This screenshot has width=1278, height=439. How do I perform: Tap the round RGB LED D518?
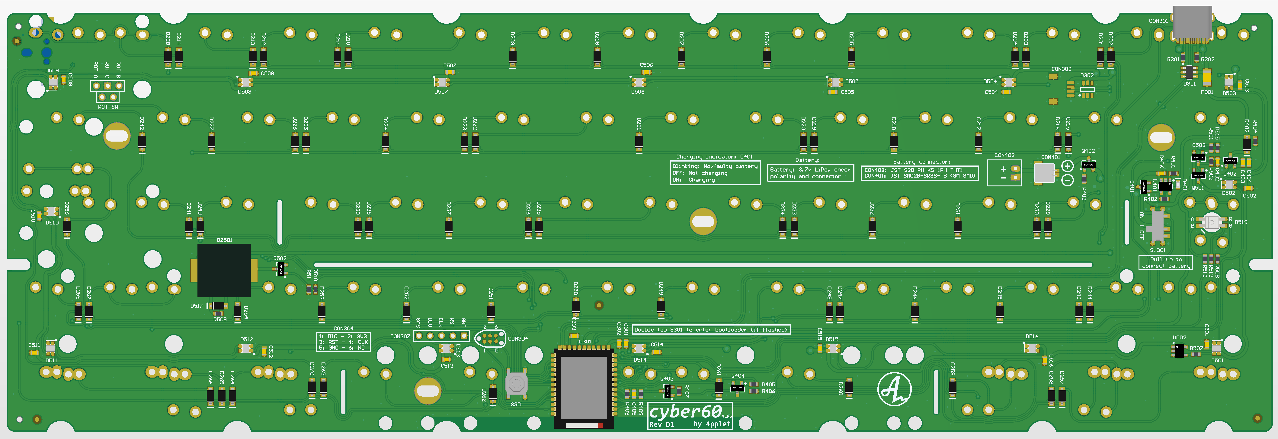[1212, 222]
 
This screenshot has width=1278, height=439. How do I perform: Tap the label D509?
[52, 70]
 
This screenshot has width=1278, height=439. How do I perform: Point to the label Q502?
[280, 258]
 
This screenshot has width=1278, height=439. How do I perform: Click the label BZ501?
[224, 240]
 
